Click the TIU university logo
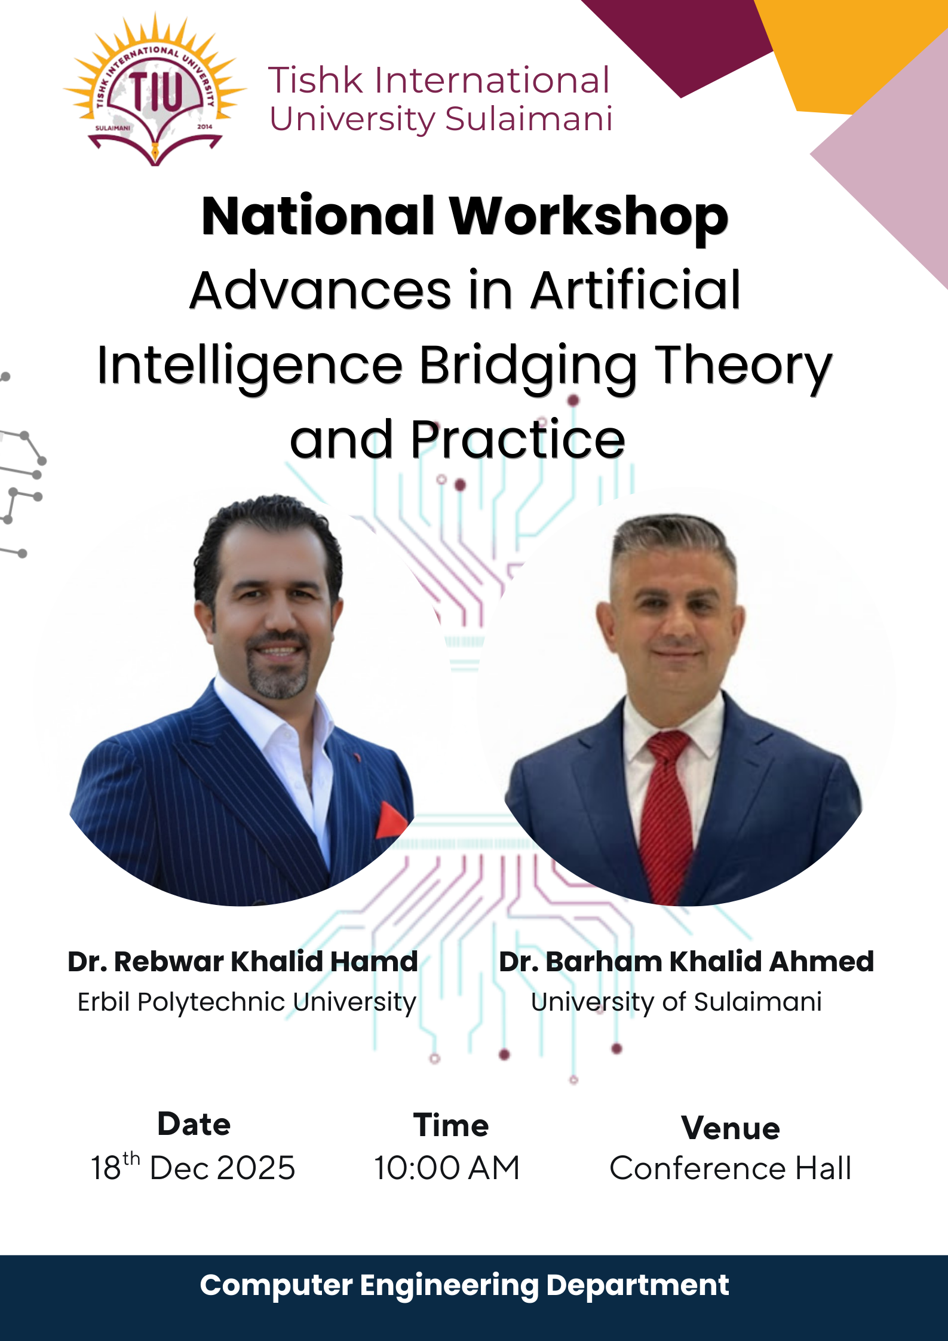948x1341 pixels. [x=155, y=90]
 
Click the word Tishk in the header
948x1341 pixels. [x=315, y=80]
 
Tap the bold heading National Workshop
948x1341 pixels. [x=465, y=216]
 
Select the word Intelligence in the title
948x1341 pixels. [x=250, y=366]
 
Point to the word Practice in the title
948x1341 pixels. [x=518, y=440]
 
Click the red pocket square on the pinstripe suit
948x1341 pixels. [x=391, y=820]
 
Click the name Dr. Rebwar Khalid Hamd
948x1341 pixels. [x=243, y=962]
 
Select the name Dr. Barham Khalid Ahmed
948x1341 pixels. [x=686, y=962]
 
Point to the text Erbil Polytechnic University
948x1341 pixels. [x=247, y=1002]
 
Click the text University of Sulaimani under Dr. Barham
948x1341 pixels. [x=676, y=1002]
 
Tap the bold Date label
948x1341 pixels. [x=194, y=1124]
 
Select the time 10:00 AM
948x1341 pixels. [x=447, y=1168]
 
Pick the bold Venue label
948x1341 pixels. [x=731, y=1128]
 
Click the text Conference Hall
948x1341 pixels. [x=730, y=1168]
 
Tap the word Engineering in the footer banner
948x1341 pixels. [x=449, y=1285]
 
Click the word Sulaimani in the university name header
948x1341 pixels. [x=529, y=118]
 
